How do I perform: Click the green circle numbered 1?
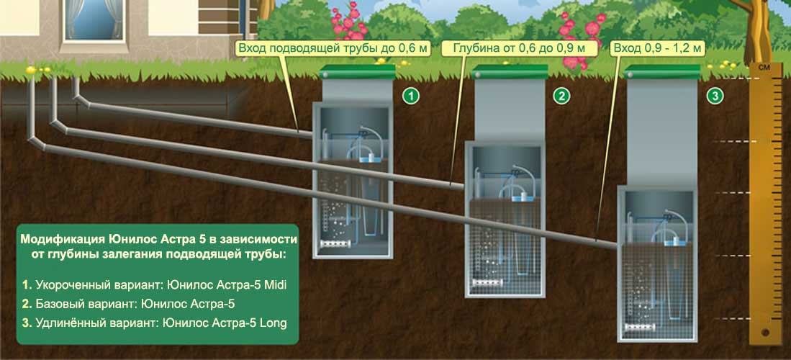tap(411, 96)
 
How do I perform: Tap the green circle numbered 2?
tap(561, 96)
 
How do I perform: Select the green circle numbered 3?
tap(714, 96)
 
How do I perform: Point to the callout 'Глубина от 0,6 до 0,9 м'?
tap(519, 49)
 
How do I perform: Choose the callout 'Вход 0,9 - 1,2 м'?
tap(657, 49)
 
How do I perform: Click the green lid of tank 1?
tap(358, 72)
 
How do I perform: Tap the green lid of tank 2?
tap(510, 72)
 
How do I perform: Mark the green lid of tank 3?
tap(662, 72)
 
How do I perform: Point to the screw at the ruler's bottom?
tap(765, 333)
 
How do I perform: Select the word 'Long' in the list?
tap(273, 323)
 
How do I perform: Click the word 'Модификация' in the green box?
tap(62, 238)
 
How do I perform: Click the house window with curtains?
tap(92, 21)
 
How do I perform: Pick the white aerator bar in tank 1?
tap(335, 243)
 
